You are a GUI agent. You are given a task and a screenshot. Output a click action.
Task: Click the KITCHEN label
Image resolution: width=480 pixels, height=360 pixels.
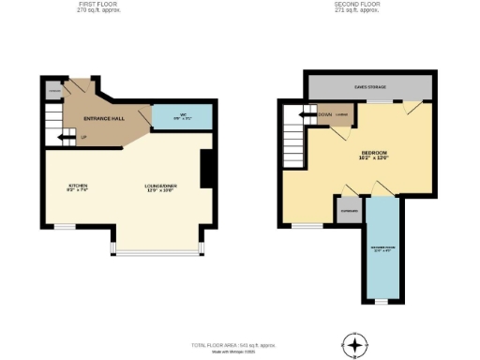point(77,187)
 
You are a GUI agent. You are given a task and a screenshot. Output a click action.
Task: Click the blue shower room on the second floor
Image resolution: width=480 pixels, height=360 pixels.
point(382,253)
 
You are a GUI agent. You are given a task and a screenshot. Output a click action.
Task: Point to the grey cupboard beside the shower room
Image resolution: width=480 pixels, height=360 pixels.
point(349,211)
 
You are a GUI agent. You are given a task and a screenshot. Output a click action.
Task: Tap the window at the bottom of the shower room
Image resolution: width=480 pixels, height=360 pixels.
point(381,302)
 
